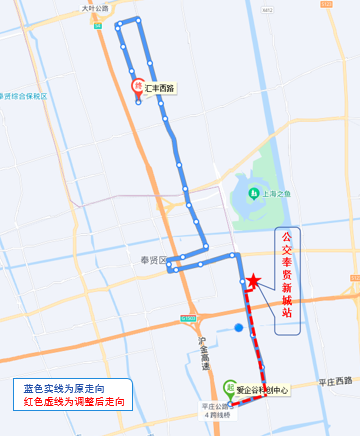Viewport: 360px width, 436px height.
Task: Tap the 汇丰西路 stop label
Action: click(x=160, y=88)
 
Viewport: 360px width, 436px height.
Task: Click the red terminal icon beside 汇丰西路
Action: click(x=137, y=87)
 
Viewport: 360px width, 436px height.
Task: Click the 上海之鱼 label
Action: click(x=276, y=195)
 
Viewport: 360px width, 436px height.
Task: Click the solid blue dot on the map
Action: click(x=238, y=327)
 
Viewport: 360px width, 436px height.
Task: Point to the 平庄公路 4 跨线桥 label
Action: click(x=216, y=410)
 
